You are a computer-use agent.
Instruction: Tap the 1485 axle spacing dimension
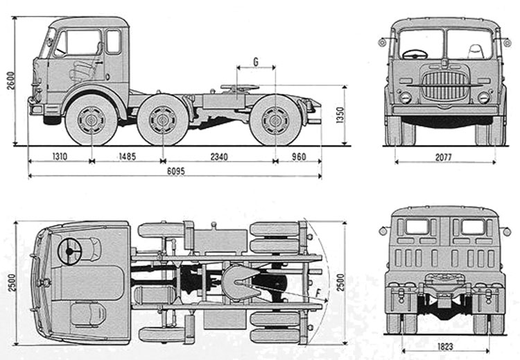pos(125,157)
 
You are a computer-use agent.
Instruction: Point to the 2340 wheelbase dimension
pos(218,157)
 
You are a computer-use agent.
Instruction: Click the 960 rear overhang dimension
pos(297,157)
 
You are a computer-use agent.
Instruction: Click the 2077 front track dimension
pos(444,157)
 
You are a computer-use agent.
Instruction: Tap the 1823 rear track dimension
pos(445,345)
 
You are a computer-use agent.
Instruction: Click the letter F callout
pos(318,293)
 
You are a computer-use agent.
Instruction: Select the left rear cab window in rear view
pos(416,227)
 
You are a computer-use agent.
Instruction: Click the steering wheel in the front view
pos(414,53)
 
